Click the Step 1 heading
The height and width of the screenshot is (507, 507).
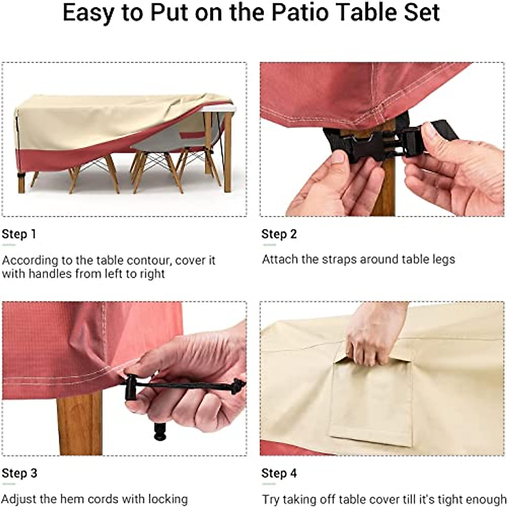pyautogui.click(x=19, y=234)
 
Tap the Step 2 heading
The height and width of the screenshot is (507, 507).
pyautogui.click(x=279, y=234)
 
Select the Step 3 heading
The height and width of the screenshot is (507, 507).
pyautogui.click(x=19, y=473)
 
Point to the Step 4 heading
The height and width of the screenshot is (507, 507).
pyautogui.click(x=279, y=473)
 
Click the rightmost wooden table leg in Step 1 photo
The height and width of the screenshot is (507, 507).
pyautogui.click(x=228, y=152)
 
